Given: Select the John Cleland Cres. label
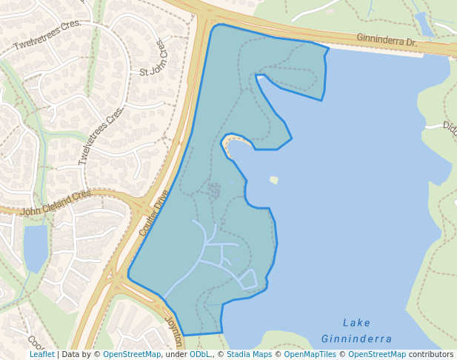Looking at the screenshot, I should point(56,201).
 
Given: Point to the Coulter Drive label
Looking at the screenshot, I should point(154,213).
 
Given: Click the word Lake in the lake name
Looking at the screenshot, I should point(357,323).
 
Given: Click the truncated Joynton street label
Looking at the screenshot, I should point(175,332).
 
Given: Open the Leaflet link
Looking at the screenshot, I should point(41,355).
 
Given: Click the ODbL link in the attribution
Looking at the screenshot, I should point(200,355).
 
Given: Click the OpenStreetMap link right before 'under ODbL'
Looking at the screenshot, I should point(132,355).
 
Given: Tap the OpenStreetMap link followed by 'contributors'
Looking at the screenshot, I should point(377,355).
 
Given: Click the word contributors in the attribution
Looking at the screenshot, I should point(431,355).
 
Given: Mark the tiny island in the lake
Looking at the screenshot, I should point(274,179).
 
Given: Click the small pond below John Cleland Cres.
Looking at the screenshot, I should point(36,247).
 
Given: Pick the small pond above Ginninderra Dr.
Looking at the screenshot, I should point(424,24).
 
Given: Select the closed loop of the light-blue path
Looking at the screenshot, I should point(248,279).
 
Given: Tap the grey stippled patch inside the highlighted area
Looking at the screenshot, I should point(215,192).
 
